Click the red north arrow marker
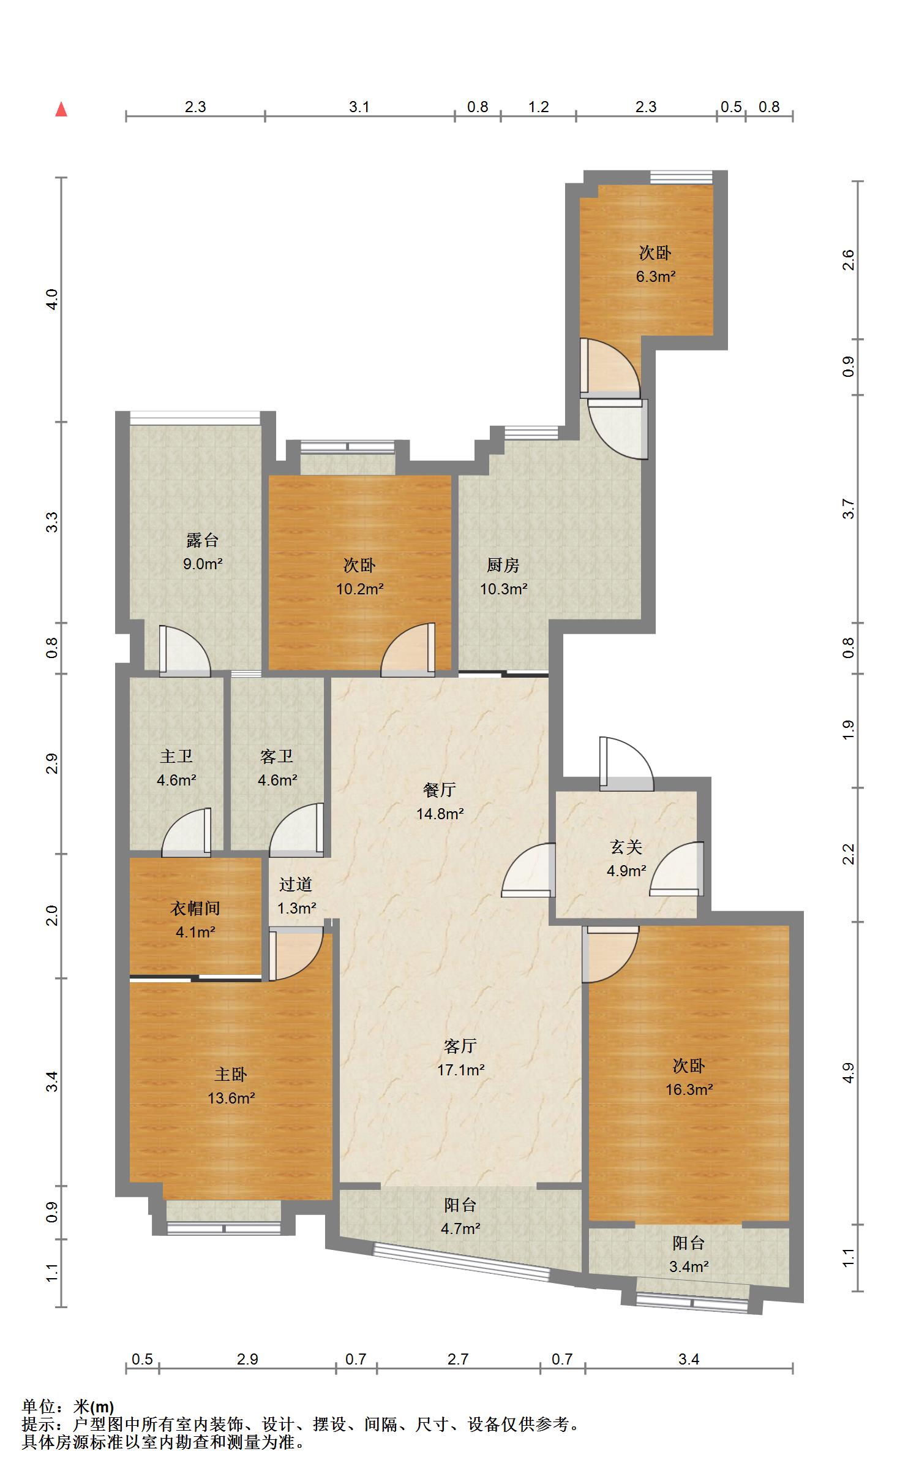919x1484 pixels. click(61, 110)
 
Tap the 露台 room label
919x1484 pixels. click(203, 540)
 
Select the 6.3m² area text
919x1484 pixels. click(655, 276)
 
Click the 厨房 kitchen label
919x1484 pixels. click(503, 565)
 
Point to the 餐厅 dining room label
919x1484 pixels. click(440, 790)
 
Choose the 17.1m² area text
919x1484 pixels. click(460, 1070)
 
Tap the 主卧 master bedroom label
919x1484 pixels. click(231, 1074)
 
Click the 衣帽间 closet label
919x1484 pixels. click(195, 908)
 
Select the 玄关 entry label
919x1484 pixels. click(626, 847)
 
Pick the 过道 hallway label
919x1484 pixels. click(296, 884)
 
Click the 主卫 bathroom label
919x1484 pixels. click(176, 756)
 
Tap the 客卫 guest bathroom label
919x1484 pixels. click(277, 756)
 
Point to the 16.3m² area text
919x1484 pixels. click(689, 1089)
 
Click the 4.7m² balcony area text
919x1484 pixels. click(460, 1228)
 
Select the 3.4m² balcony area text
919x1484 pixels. click(689, 1266)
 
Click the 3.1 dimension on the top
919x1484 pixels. click(359, 107)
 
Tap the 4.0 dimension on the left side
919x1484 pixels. click(53, 299)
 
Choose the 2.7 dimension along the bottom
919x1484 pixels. click(458, 1359)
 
